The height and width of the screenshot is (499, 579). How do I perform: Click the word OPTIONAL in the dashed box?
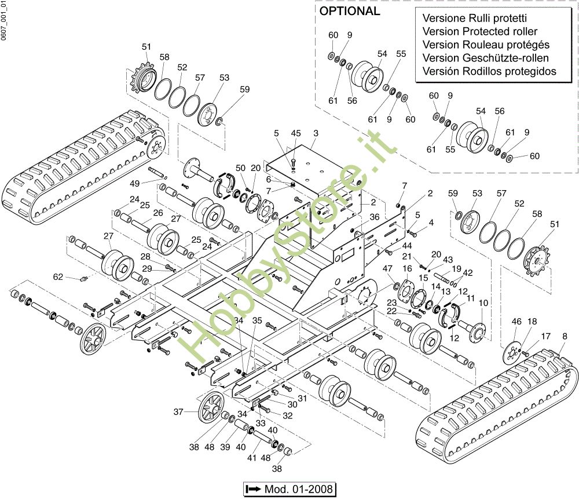click(x=350, y=11)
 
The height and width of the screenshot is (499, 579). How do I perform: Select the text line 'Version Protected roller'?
click(x=480, y=31)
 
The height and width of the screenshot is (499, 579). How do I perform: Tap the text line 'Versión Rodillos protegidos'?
click(x=489, y=71)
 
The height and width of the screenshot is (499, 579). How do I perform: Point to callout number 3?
click(x=316, y=133)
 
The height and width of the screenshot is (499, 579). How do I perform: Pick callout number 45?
click(x=296, y=133)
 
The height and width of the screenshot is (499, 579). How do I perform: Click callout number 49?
click(x=134, y=184)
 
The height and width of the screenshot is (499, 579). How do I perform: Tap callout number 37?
click(x=179, y=412)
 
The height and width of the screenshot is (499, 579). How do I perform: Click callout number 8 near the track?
click(x=564, y=336)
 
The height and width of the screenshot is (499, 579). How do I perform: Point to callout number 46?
click(x=516, y=321)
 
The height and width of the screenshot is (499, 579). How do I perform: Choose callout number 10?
click(x=483, y=303)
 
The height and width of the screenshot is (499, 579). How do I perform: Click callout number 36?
click(x=375, y=217)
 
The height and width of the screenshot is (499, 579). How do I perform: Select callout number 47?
click(x=387, y=269)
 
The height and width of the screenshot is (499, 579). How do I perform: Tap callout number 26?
click(x=157, y=213)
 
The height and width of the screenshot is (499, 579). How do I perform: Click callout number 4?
click(x=431, y=223)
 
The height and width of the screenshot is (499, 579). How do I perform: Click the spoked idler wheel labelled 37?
click(x=210, y=409)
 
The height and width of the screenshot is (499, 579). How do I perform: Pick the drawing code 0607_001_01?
click(x=4, y=21)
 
